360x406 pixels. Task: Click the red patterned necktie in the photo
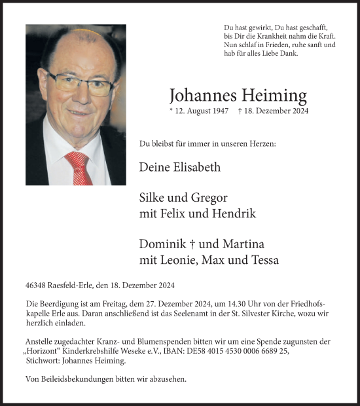pyautogui.click(x=79, y=168)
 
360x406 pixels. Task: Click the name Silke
pyautogui.click(x=154, y=198)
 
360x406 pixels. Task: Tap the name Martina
pyautogui.click(x=243, y=244)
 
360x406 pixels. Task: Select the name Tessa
pyautogui.click(x=263, y=260)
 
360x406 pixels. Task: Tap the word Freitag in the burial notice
pyautogui.click(x=121, y=304)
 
